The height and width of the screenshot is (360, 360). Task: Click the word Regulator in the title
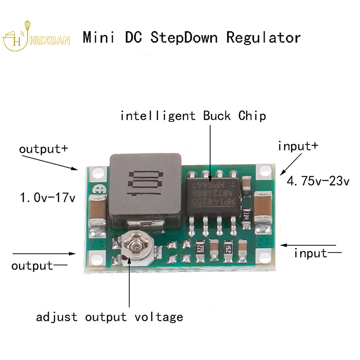(x=263, y=37)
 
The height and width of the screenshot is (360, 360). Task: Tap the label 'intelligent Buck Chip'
(x=193, y=116)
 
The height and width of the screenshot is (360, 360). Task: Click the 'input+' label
(x=298, y=146)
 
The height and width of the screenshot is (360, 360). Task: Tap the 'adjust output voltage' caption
(x=109, y=317)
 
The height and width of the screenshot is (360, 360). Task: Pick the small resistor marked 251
(x=228, y=249)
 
